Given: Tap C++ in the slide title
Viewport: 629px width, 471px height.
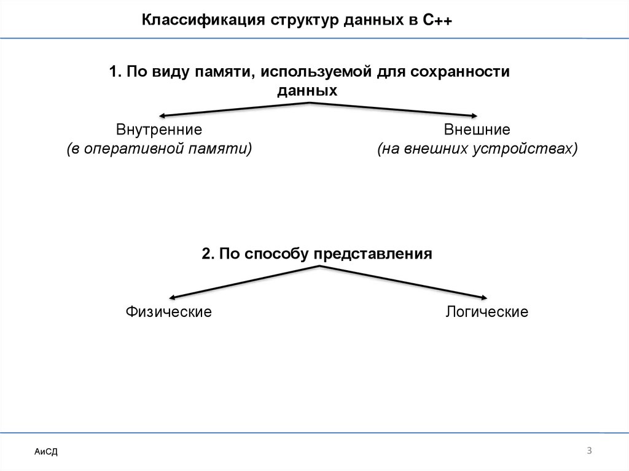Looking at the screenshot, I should click(x=437, y=21).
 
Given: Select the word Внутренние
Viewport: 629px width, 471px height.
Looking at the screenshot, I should click(x=159, y=130).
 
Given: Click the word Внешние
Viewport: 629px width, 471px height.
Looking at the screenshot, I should click(x=477, y=130).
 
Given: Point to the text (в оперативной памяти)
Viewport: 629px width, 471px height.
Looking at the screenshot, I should click(x=159, y=149).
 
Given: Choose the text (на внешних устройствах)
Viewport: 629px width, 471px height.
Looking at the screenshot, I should click(x=477, y=149).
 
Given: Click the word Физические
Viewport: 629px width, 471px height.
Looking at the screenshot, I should click(x=169, y=312).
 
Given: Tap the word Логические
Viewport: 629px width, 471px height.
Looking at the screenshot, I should click(x=486, y=312).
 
